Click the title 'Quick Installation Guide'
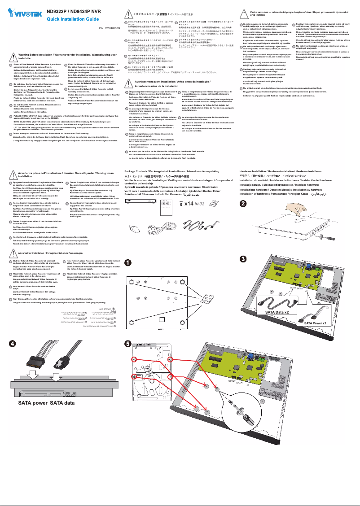(x=73, y=20)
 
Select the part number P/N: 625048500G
(x=110, y=29)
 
